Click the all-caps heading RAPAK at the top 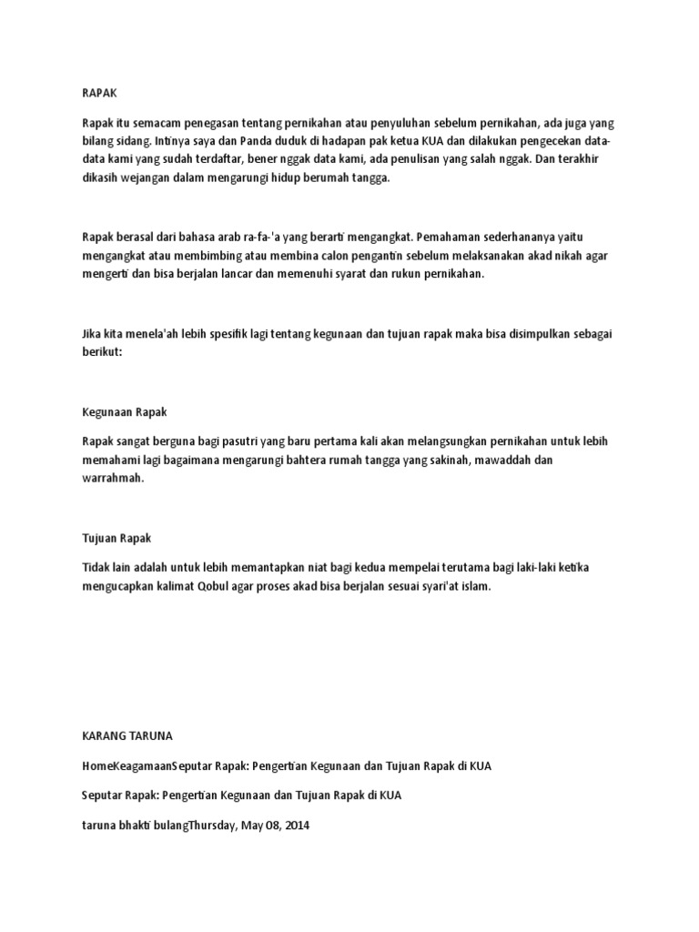(x=100, y=93)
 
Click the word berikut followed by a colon (x=101, y=352)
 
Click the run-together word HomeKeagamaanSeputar (x=149, y=766)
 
